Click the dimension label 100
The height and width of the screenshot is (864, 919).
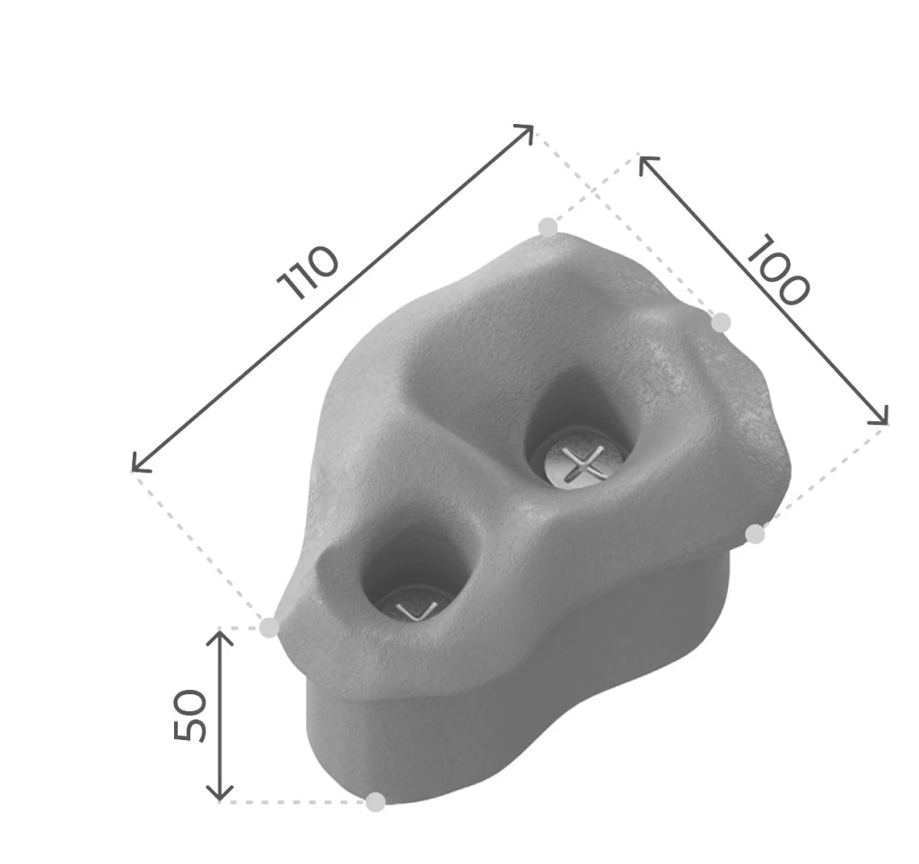[777, 270]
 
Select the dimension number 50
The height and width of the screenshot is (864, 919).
[190, 715]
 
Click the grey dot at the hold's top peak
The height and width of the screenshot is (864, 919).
[548, 226]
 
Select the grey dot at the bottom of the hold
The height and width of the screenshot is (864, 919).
[376, 801]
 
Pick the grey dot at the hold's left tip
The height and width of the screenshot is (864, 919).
[269, 627]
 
